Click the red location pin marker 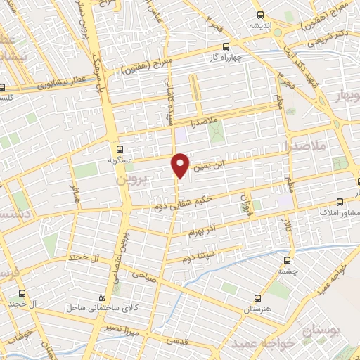180,165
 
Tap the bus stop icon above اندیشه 261,15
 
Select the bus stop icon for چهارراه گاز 226,46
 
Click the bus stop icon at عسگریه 120,149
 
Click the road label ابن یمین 210,166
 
